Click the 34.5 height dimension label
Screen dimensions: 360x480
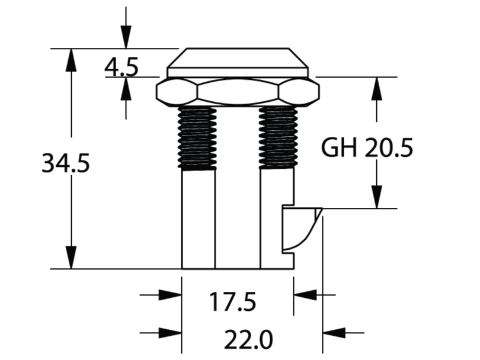[x=65, y=163]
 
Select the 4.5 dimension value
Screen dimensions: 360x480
[x=121, y=67]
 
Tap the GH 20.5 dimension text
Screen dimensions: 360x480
[x=367, y=148]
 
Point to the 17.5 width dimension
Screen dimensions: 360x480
[x=232, y=303]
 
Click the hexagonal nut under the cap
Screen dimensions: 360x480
[x=238, y=92]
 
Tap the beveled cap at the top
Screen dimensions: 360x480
[x=238, y=59]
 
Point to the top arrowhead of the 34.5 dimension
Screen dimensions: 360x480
[x=71, y=59]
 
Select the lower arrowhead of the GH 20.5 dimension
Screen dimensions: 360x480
[x=376, y=197]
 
